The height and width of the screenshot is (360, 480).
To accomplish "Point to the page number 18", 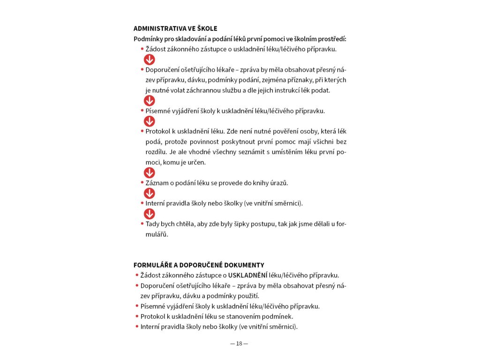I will [239, 344].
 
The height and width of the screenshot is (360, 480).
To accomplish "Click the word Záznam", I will [157, 183].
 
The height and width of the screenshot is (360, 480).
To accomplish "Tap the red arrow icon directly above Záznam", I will [149, 173].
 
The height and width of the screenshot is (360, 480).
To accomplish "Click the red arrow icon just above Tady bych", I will [149, 214].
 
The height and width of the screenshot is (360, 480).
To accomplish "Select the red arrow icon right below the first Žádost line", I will [149, 59].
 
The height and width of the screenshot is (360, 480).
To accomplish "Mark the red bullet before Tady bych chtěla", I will [142, 224].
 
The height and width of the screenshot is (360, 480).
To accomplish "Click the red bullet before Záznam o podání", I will [142, 183].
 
